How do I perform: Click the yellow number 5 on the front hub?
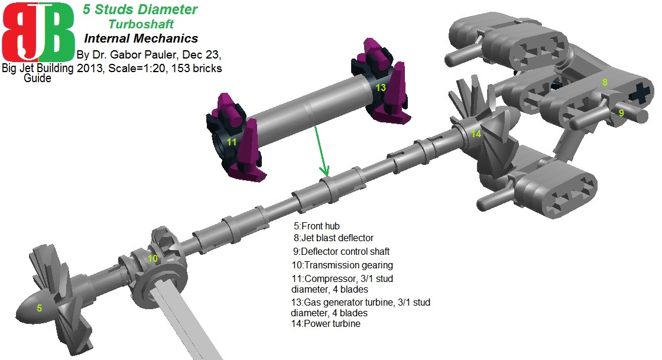[x=40, y=308]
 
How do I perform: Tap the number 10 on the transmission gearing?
[x=152, y=258]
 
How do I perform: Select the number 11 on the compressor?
[x=232, y=142]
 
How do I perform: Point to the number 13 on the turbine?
[x=381, y=87]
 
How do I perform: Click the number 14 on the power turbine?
[x=476, y=134]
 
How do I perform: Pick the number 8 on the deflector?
[x=605, y=83]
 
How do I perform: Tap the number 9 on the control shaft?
[x=621, y=112]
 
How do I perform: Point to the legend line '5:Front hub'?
[x=317, y=226]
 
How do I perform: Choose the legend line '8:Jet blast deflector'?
[x=334, y=238]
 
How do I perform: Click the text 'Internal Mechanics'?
[x=141, y=39]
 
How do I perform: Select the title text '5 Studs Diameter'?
[x=139, y=9]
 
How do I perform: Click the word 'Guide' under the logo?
[x=37, y=78]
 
